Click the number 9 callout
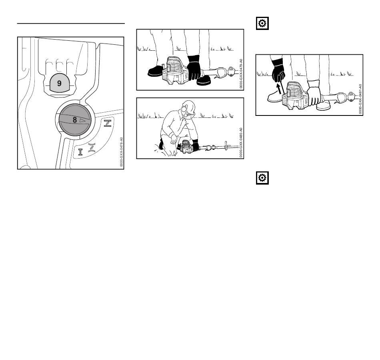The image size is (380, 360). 59,84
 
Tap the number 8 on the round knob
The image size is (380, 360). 75,120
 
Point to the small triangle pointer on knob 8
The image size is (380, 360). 82,120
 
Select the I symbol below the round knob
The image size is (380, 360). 80,152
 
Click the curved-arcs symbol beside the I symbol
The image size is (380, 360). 92,147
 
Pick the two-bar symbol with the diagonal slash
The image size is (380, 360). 108,123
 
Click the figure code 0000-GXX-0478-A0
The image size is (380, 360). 122,152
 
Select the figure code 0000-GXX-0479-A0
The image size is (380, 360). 241,74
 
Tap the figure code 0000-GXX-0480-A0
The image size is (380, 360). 241,143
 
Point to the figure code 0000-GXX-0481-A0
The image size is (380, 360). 360,99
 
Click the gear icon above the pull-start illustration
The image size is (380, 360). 262,24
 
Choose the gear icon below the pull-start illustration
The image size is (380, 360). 262,178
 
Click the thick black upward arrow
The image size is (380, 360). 280,88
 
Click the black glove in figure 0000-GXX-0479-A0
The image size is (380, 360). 194,67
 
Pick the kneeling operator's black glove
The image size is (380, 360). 195,145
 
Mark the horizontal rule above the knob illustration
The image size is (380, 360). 71,24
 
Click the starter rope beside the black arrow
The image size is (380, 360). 283,88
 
